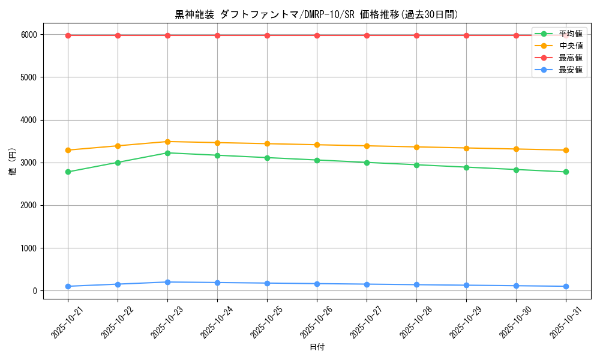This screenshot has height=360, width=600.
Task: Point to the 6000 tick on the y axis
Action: (x=28, y=35)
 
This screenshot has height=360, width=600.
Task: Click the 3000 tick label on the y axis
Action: (x=28, y=163)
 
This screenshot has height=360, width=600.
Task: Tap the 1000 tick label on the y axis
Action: (x=28, y=248)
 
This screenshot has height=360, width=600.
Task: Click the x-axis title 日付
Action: (x=317, y=347)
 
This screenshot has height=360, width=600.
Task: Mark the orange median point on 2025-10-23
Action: (x=167, y=142)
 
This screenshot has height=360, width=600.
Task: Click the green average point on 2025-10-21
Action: (x=68, y=172)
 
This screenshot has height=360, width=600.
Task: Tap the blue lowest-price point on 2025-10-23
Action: (x=167, y=282)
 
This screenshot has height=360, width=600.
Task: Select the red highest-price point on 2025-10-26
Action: (x=317, y=35)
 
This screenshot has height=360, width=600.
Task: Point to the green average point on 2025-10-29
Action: (x=466, y=167)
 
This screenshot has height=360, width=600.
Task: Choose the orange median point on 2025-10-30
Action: (x=516, y=149)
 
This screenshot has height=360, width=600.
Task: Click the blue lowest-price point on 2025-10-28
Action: (x=416, y=284)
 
